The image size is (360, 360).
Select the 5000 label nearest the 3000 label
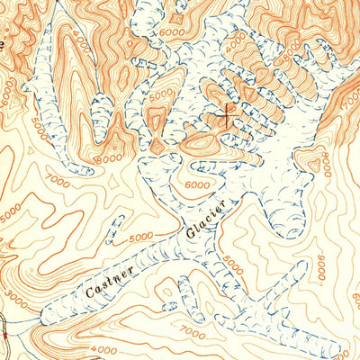coord(11,214)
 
